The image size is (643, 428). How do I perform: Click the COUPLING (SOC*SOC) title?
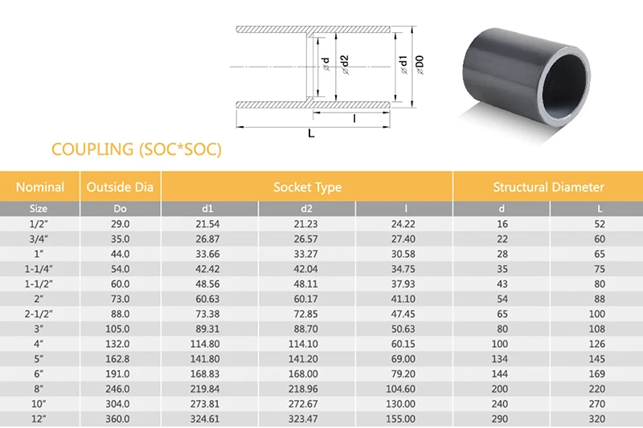(x=136, y=149)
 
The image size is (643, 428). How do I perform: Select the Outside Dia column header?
(x=120, y=187)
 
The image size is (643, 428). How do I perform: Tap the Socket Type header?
(x=307, y=187)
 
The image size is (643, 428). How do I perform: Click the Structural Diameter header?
(x=548, y=187)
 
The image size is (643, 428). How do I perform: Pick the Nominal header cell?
(x=40, y=187)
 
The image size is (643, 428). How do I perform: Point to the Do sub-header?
(x=120, y=209)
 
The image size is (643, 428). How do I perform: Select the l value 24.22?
(x=403, y=224)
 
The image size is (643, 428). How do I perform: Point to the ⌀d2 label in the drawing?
(x=343, y=63)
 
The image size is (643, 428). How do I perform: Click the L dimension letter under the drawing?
(x=312, y=133)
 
